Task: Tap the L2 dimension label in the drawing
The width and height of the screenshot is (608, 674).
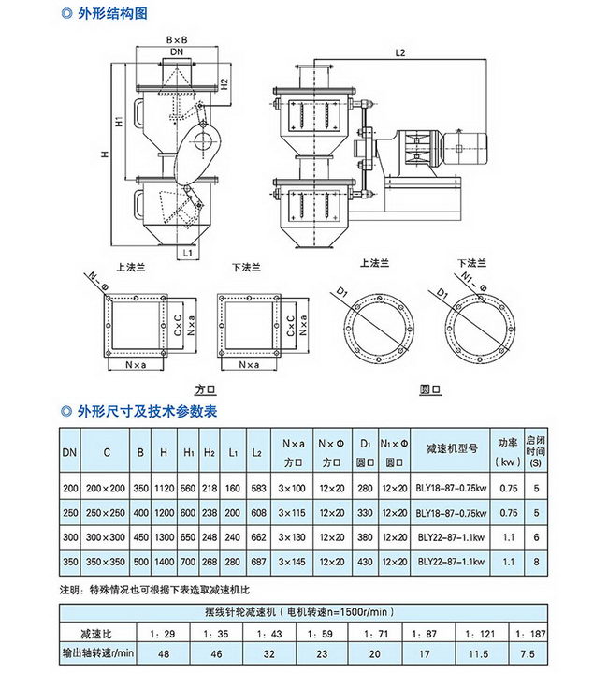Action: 400,53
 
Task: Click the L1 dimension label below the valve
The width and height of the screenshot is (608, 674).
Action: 186,252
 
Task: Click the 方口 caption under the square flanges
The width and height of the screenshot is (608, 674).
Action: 206,388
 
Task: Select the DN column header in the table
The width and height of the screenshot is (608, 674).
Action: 70,452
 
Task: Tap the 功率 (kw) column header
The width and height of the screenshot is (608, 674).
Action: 507,452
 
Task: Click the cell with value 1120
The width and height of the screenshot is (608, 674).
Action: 165,488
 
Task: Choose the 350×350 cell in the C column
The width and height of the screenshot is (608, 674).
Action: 108,561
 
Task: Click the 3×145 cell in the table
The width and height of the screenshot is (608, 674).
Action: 292,561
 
